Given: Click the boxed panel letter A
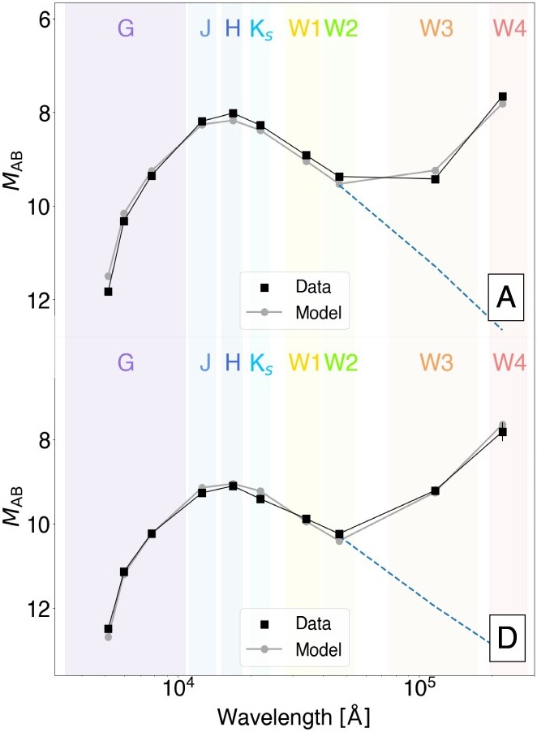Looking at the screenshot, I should pyautogui.click(x=506, y=298).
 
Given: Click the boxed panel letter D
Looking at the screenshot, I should pyautogui.click(x=506, y=637).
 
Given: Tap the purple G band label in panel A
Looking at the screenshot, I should pyautogui.click(x=125, y=29).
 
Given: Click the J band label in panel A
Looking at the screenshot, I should pyautogui.click(x=204, y=29).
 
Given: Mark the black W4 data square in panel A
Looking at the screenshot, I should pyautogui.click(x=503, y=96).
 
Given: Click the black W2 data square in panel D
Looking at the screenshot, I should pyautogui.click(x=339, y=534).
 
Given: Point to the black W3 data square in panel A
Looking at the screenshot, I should pyautogui.click(x=436, y=178).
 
